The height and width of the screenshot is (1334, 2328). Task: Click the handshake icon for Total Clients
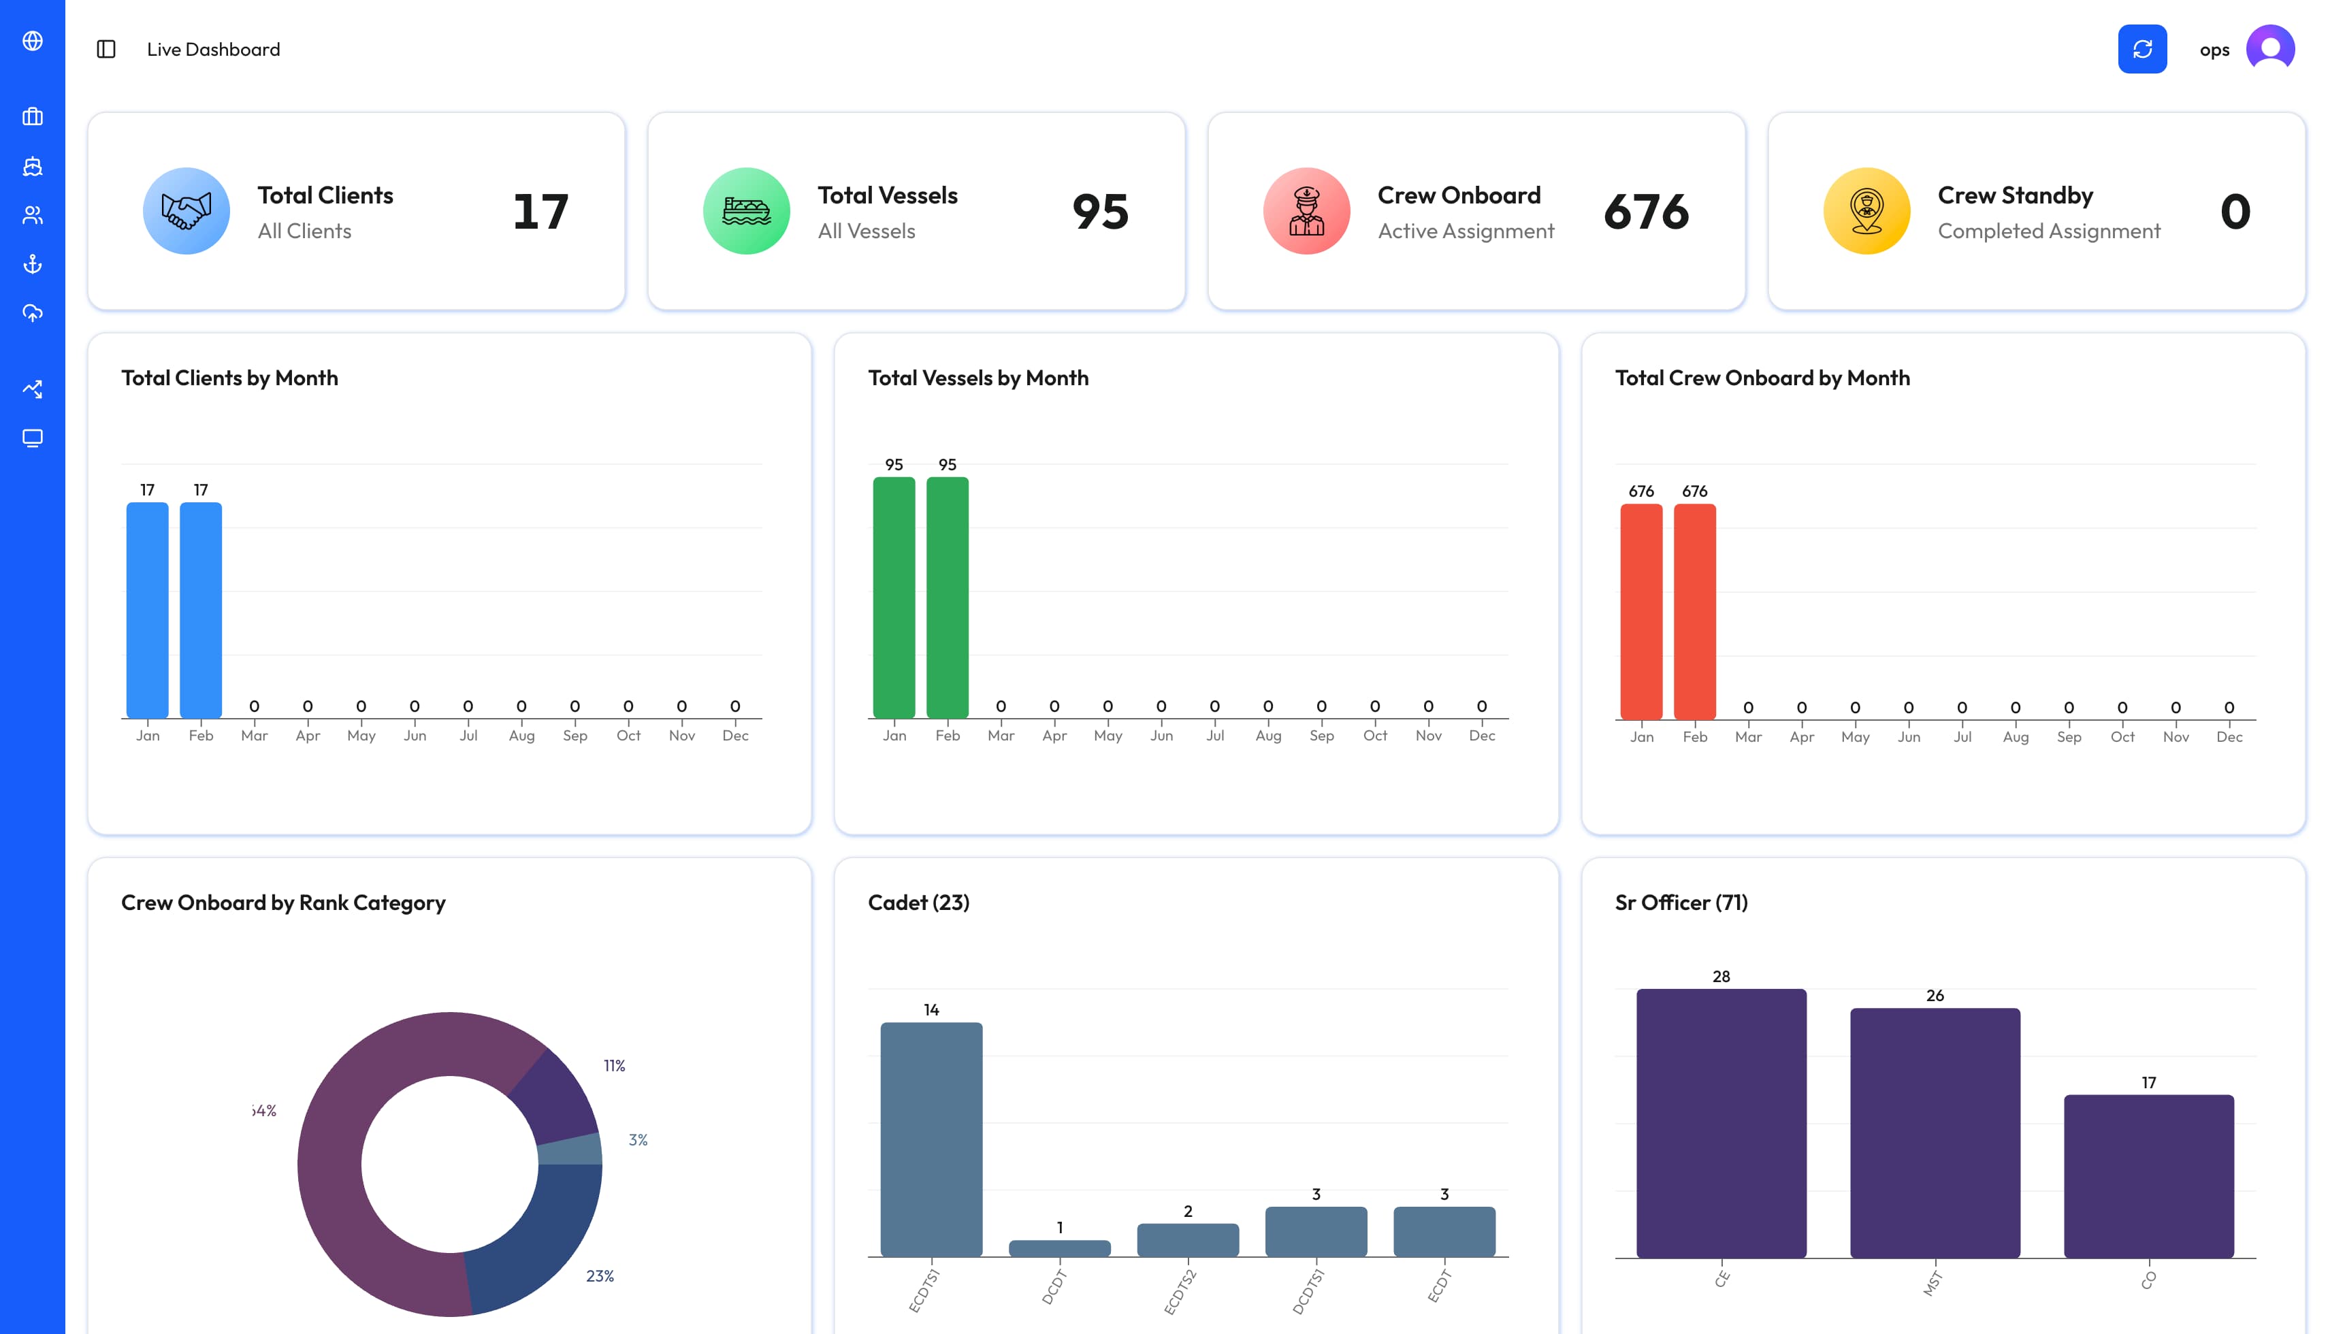click(186, 212)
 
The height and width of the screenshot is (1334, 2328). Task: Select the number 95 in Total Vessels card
click(1099, 212)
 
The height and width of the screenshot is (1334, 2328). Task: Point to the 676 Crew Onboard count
click(1645, 212)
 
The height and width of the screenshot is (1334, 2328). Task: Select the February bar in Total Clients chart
click(201, 609)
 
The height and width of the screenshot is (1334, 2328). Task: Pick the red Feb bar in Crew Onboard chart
click(1694, 611)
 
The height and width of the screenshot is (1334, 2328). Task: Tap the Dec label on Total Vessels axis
click(1481, 736)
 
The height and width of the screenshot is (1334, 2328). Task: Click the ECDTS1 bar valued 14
click(931, 1139)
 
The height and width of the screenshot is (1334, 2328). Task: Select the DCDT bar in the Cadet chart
click(1059, 1248)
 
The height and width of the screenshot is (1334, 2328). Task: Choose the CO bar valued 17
click(2148, 1175)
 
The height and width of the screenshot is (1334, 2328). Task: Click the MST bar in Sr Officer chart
click(1934, 1133)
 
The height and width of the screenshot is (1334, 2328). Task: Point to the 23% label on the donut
click(599, 1275)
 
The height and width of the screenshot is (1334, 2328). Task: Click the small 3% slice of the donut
click(570, 1149)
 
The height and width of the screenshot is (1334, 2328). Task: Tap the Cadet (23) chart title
click(918, 902)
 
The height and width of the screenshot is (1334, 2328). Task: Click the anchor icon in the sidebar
click(33, 265)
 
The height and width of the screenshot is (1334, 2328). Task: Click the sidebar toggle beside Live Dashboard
click(106, 50)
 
